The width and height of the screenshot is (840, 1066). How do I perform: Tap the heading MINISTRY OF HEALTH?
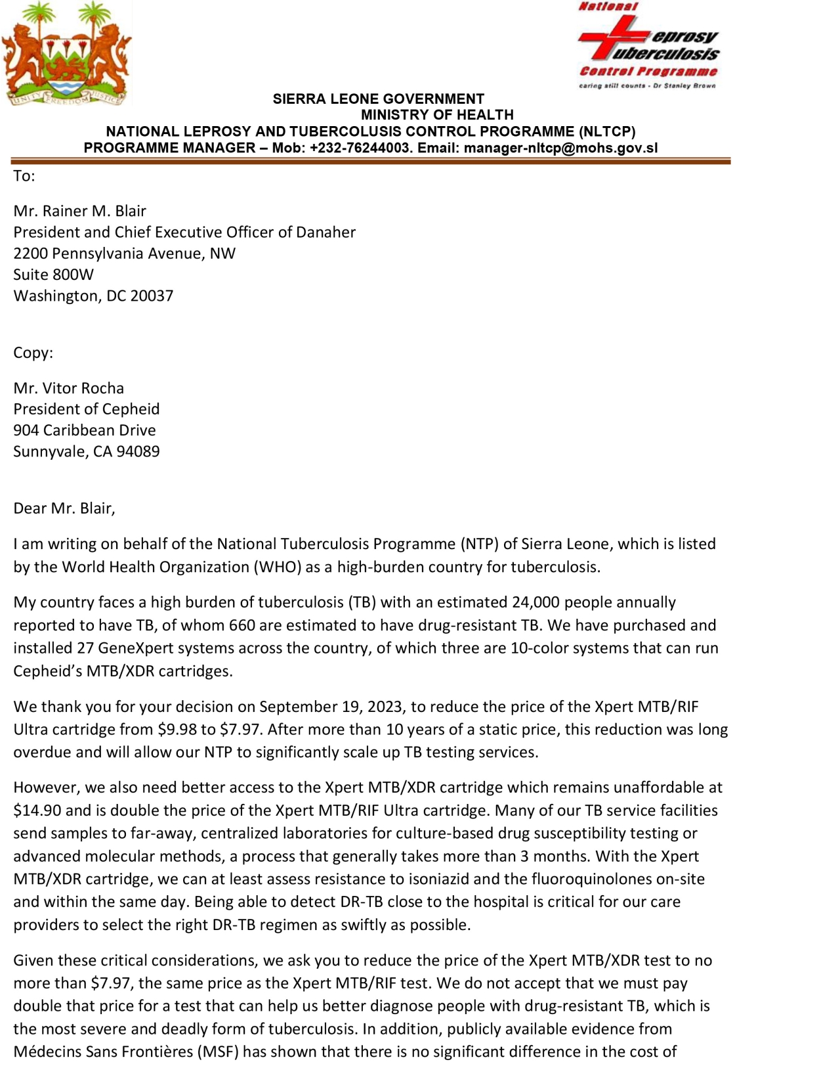437,115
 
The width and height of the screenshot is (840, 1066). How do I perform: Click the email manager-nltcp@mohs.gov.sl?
560,148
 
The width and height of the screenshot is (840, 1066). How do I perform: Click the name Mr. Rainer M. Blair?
79,211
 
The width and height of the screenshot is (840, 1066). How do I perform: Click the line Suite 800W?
53,275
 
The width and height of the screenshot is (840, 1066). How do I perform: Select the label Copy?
33,353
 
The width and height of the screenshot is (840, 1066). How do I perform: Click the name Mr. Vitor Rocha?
68,388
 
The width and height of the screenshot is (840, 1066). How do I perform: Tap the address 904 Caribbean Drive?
84,430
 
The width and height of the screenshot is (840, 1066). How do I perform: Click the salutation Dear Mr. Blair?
64,508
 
